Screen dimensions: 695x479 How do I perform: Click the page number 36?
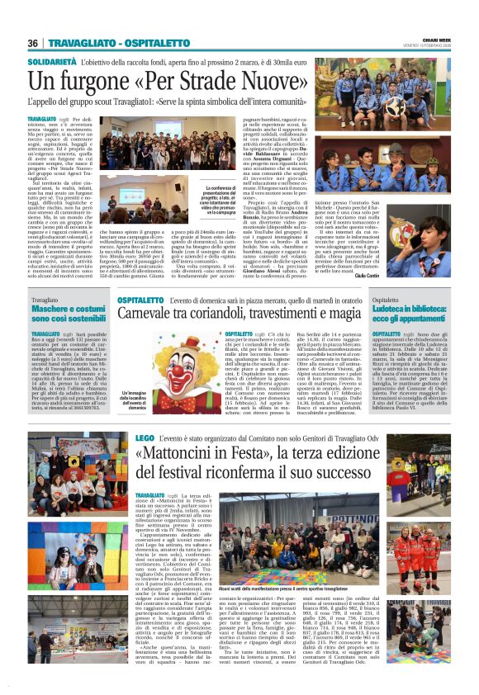[33, 43]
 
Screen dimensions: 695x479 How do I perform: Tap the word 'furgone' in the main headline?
[97, 82]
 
